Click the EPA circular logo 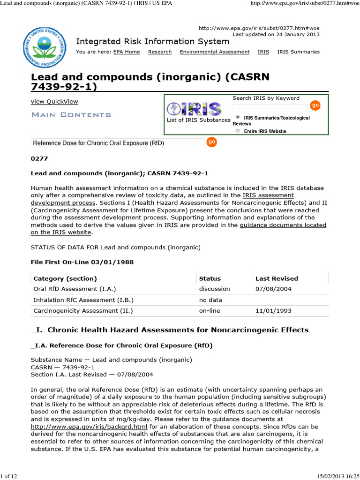(x=46, y=47)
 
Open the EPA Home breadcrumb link (x=127, y=52)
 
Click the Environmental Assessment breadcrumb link (x=214, y=52)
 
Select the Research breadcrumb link (x=160, y=52)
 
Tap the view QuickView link (x=54, y=102)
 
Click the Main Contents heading (x=71, y=115)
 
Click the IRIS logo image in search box (x=195, y=109)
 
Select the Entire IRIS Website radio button (x=238, y=131)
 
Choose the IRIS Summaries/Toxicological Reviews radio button (x=238, y=117)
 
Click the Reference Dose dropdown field (x=117, y=143)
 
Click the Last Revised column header (x=277, y=278)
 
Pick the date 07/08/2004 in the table (x=273, y=289)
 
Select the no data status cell (x=210, y=300)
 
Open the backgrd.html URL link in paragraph (x=89, y=427)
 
